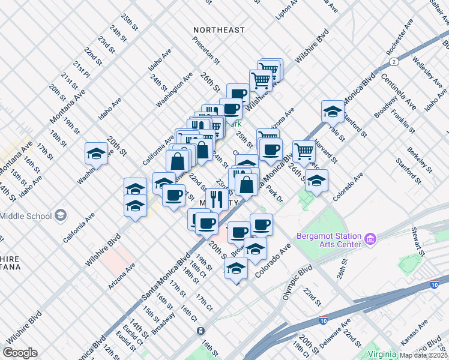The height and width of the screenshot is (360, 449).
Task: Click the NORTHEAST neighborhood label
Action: coord(219,30)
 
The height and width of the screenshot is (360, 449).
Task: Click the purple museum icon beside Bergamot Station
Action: coord(370,240)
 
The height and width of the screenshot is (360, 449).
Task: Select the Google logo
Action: coord(20,353)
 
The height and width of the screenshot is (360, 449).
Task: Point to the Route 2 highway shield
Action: coord(394,62)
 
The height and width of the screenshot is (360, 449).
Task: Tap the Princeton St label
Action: coord(206,49)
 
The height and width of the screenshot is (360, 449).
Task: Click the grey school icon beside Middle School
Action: coord(60,215)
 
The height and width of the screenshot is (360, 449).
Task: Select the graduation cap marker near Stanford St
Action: coord(333,111)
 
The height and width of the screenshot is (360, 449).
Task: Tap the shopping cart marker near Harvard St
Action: coord(304,151)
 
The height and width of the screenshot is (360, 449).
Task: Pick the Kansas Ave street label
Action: coord(414,332)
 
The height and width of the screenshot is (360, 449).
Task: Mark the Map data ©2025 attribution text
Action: coord(424,355)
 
